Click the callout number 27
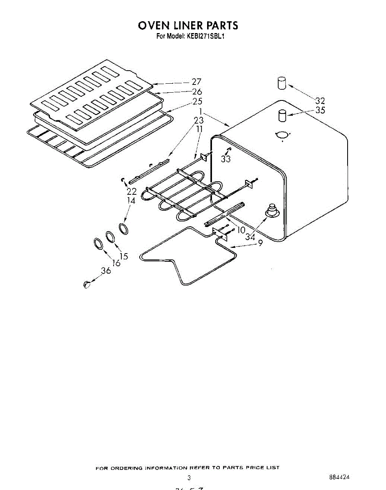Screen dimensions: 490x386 pyautogui.click(x=196, y=82)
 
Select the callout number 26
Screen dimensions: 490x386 pyautogui.click(x=197, y=92)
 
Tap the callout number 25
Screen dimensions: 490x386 pyautogui.click(x=197, y=101)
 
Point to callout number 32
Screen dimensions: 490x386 pyautogui.click(x=320, y=101)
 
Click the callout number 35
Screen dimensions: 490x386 pyautogui.click(x=320, y=110)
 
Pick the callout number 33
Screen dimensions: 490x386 pyautogui.click(x=225, y=159)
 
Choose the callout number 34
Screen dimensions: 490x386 pyautogui.click(x=250, y=237)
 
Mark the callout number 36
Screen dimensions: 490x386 pyautogui.click(x=106, y=270)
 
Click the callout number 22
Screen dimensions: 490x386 pyautogui.click(x=132, y=191)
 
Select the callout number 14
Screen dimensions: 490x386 pyautogui.click(x=131, y=200)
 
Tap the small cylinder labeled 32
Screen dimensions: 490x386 pyautogui.click(x=281, y=83)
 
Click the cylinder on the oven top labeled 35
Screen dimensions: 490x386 pyautogui.click(x=282, y=115)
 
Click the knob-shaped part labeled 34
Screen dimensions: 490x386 pyautogui.click(x=271, y=211)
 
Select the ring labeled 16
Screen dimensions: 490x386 pyautogui.click(x=97, y=244)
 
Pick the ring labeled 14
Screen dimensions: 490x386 pyautogui.click(x=123, y=229)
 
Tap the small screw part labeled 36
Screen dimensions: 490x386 pyautogui.click(x=86, y=285)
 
